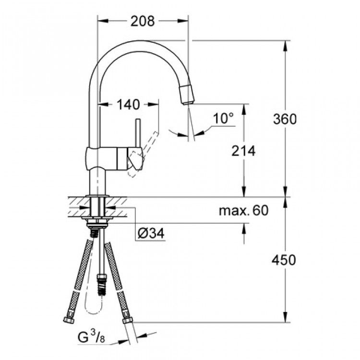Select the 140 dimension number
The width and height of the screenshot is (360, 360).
click(127, 104)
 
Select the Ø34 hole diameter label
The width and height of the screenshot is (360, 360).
click(151, 234)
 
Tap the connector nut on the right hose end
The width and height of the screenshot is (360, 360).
click(128, 320)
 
